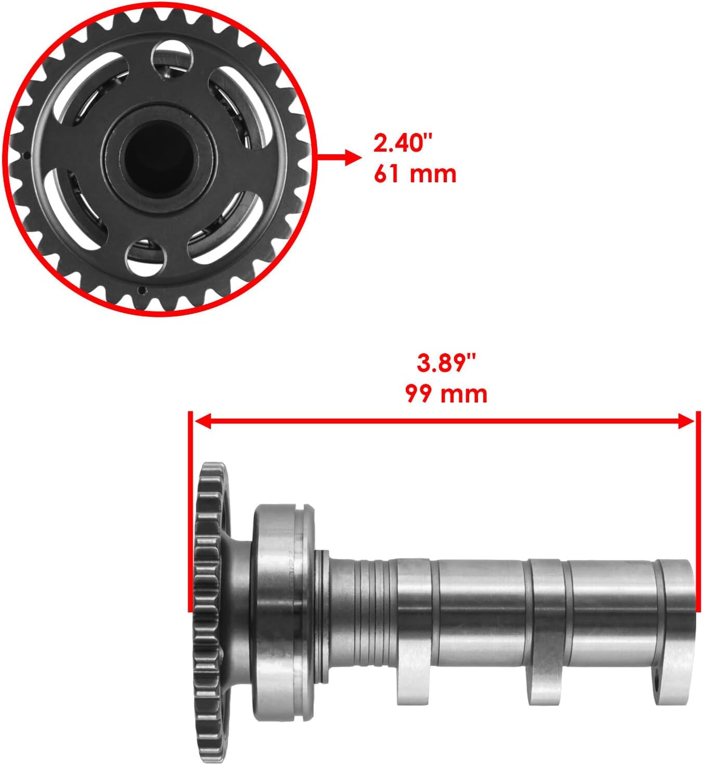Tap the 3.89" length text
[446, 363]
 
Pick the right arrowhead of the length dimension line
[686, 422]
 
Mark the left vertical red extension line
[191, 512]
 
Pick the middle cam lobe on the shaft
[546, 675]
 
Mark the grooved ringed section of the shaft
[366, 613]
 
